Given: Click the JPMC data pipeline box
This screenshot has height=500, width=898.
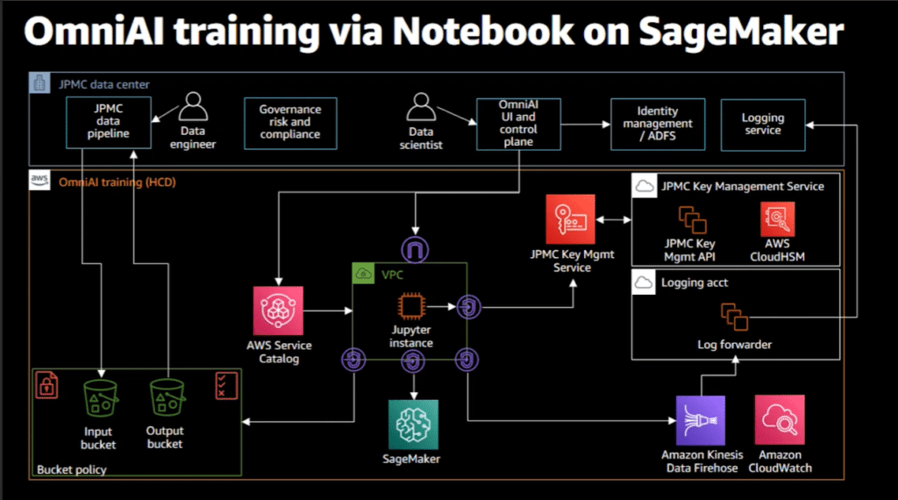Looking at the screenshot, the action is coord(108,123).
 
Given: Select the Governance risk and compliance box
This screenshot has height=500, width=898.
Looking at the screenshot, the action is coord(290,123).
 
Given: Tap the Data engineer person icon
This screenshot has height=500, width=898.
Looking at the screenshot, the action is coord(193,106).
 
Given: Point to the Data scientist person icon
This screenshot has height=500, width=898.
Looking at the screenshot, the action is coord(421,106).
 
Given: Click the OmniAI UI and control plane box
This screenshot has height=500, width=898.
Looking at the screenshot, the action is coord(518,124).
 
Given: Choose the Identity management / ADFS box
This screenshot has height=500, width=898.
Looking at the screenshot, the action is coord(658,125).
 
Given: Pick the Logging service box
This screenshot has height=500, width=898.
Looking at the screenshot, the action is coord(763,125).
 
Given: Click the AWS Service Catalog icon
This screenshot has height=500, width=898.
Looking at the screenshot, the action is coord(278,311).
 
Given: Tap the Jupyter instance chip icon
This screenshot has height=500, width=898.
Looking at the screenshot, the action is coord(411,306).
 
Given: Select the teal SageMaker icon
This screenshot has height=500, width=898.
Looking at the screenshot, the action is coord(414,425).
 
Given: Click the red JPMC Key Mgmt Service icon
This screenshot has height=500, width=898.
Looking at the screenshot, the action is coord(570,219).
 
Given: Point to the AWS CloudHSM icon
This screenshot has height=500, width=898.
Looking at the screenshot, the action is coord(777,218).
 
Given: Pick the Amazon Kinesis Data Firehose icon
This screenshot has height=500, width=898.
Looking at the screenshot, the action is coord(701,420).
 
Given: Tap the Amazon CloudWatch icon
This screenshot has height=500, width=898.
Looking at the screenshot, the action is coord(780,420).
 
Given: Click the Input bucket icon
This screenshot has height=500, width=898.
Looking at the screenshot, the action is coord(100,398).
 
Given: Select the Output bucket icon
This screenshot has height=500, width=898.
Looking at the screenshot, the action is coord(167,397).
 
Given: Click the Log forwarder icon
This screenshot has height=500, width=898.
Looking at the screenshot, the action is coord(734,317).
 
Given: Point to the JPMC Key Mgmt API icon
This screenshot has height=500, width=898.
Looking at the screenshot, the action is coord(693,220).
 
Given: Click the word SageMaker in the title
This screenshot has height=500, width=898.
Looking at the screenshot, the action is coord(741,32).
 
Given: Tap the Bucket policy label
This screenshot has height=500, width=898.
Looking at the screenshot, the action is coord(72,469).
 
